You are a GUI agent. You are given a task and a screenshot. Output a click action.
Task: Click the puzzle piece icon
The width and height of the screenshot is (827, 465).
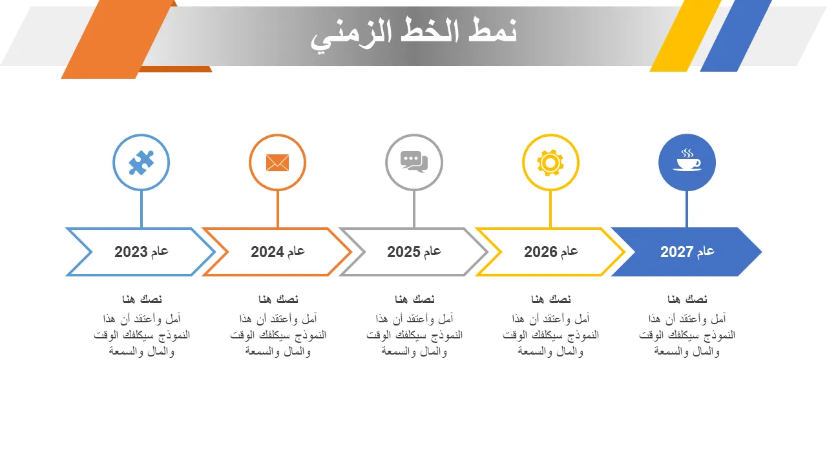pos(141,163)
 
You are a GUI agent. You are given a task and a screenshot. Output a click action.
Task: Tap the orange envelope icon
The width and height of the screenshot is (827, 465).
pos(277,163)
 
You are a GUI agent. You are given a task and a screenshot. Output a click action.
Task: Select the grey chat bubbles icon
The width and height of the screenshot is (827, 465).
pos(414,161)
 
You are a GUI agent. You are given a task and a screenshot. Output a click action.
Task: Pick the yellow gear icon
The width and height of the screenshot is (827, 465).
pos(550,163)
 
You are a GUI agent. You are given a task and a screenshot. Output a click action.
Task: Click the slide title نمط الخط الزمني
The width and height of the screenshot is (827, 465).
pos(413,34)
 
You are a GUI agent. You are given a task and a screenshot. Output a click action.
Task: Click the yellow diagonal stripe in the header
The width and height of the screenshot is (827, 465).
pos(686,36)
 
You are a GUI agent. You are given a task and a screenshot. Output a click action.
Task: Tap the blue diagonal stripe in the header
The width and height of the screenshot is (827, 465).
pos(736,36)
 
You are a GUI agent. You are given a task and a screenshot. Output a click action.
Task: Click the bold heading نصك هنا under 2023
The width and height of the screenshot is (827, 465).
pos(141,299)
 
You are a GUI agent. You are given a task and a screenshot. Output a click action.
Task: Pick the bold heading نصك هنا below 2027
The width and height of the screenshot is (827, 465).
pos(687,299)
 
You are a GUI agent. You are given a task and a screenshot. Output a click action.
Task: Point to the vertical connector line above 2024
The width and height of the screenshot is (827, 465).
pos(278,209)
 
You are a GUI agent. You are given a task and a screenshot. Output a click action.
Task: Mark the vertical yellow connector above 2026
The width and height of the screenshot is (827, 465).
pos(550,209)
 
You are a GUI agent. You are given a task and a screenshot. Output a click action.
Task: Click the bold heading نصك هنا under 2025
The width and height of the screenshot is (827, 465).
pos(415,299)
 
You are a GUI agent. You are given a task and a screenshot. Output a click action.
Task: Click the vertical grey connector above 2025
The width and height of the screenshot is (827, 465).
pos(414,209)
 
